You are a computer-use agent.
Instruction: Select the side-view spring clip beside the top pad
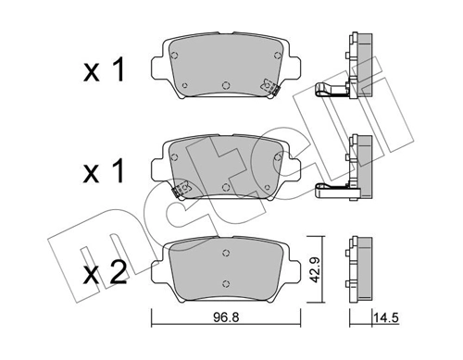332,91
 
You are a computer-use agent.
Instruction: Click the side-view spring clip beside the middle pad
332,192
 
